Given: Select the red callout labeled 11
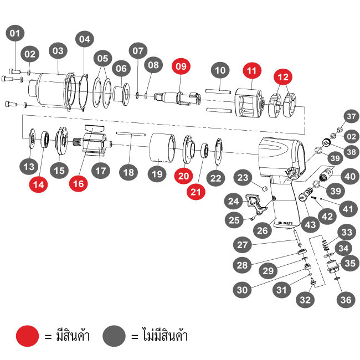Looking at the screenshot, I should (253, 71).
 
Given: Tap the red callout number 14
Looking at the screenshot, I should (38, 185).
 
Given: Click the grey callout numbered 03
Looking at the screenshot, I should (57, 50).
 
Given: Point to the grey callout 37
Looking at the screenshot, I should (350, 116).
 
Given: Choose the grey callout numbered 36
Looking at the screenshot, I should (346, 300).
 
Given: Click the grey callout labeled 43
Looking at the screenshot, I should (310, 225).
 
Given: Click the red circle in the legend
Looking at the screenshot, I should (27, 336).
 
